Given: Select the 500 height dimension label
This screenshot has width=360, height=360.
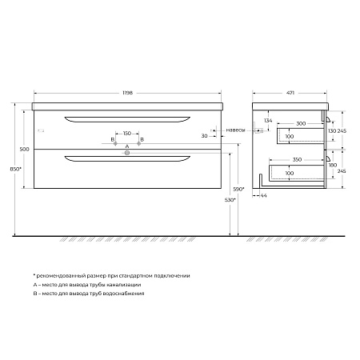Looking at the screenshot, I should (25, 150).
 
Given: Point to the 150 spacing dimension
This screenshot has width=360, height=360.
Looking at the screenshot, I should (127, 133).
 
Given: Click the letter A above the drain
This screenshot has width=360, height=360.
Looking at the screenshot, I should (127, 146).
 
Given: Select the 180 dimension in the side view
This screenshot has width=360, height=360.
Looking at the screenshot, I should (332, 166).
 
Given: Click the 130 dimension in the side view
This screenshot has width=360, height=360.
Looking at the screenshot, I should (332, 130).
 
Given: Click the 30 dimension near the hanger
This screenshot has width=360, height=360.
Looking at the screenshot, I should (205, 136).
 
